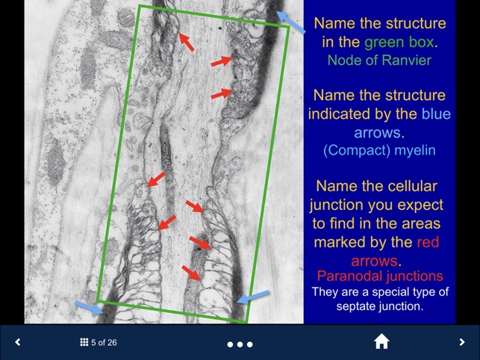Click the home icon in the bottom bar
pyautogui.click(x=381, y=342)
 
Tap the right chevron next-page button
pyautogui.click(x=462, y=342)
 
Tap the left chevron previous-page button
pyautogui.click(x=18, y=342)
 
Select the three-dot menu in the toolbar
pyautogui.click(x=240, y=344)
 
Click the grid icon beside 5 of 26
pyautogui.click(x=84, y=342)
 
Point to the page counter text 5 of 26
pyautogui.click(x=104, y=343)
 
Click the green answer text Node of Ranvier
pyautogui.click(x=379, y=60)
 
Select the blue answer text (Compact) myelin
pyautogui.click(x=379, y=150)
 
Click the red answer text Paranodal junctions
pyautogui.click(x=379, y=276)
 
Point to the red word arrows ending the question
pyautogui.click(x=375, y=261)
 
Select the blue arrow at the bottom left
pyautogui.click(x=88, y=305)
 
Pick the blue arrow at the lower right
pyautogui.click(x=252, y=298)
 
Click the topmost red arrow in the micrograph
pyautogui.click(x=186, y=43)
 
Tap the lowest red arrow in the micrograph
pyautogui.click(x=191, y=273)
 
